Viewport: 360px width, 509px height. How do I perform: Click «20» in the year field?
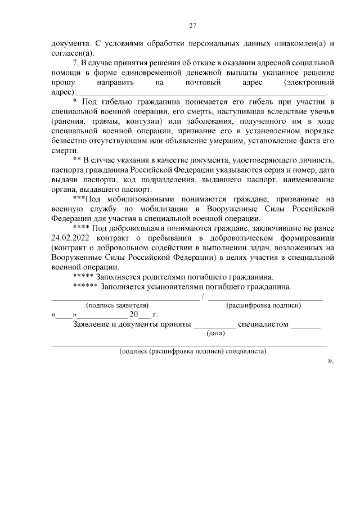(134, 314)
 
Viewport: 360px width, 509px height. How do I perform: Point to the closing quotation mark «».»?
(331, 361)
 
